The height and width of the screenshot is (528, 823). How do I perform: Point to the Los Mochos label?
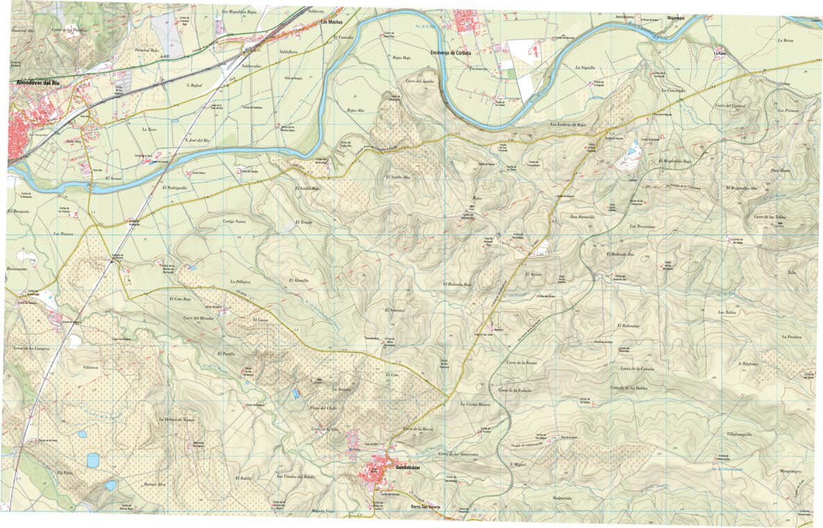pos(331,22)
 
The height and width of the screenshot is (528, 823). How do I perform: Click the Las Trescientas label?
pos(642,226)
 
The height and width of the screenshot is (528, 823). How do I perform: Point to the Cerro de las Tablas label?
pos(770,217)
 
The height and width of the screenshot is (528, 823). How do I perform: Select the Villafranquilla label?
pos(740,434)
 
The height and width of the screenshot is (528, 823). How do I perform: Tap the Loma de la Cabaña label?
pos(638,368)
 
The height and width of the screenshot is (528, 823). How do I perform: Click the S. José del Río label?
pos(197,141)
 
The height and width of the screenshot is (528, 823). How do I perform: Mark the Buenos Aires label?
pos(155,484)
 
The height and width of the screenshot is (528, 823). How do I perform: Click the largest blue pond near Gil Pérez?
pos(93,459)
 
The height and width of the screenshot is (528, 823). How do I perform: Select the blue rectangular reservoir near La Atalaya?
pos(297,393)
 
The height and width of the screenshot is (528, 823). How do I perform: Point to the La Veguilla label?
pos(585,67)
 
